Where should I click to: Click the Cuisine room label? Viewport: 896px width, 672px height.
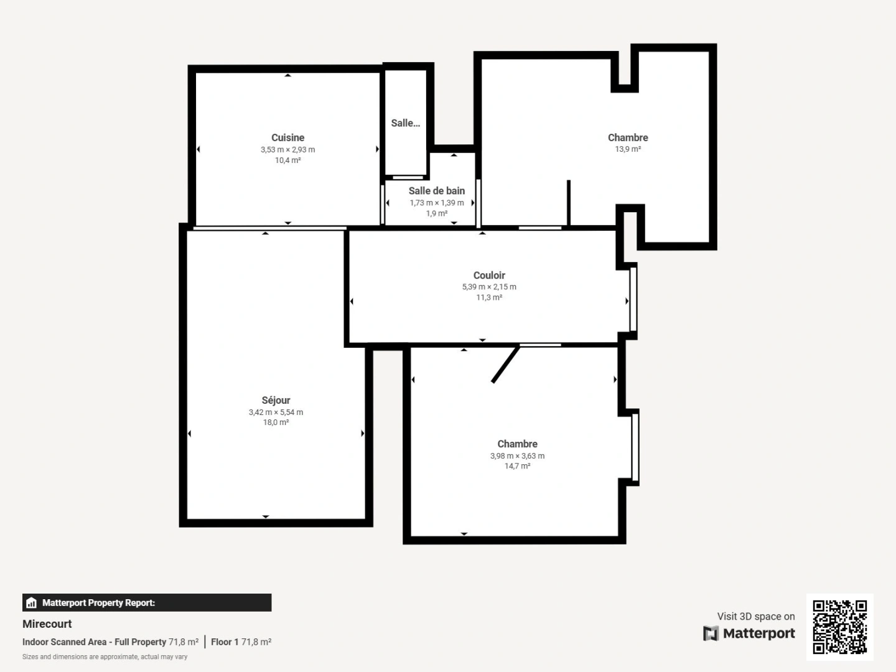point(287,138)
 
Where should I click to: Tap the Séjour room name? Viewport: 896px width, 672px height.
point(276,400)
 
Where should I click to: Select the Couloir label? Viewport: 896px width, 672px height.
point(489,275)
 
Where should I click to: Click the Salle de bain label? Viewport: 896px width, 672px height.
point(436,191)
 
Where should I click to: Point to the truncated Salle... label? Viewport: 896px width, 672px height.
point(405,123)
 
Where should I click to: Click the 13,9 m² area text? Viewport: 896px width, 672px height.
point(628,149)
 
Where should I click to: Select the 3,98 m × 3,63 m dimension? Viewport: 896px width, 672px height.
point(517,456)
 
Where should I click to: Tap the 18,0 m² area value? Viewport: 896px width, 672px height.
point(276,422)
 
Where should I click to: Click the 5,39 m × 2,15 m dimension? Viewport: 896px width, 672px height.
point(489,287)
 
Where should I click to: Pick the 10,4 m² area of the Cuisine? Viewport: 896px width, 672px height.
point(287,161)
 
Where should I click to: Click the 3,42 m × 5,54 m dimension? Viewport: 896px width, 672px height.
point(276,412)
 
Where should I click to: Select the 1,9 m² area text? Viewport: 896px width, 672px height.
point(436,213)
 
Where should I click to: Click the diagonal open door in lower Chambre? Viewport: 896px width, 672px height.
point(505,365)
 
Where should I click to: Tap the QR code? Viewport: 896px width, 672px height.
point(839,627)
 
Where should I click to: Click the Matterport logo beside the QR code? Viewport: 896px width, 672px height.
point(749,633)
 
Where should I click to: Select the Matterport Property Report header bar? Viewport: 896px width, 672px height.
point(147,602)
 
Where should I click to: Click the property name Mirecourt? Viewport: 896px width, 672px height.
point(47,623)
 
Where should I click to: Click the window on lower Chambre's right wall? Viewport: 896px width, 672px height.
point(635,447)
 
